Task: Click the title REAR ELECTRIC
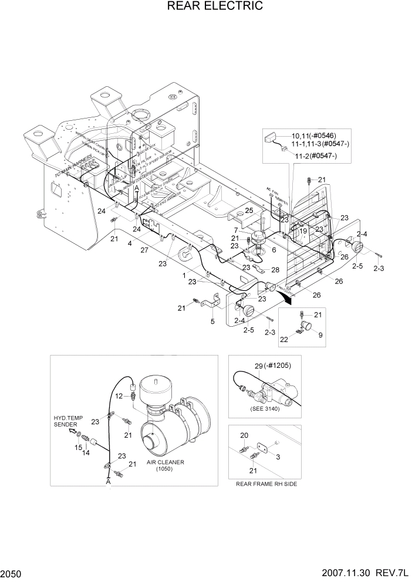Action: coord(206,6)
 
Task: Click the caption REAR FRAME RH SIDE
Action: coord(266,484)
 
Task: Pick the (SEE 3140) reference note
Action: coord(264,409)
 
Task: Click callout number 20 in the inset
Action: coord(244,435)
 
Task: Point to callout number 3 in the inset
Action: coord(277,456)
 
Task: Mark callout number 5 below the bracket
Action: coord(213,322)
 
